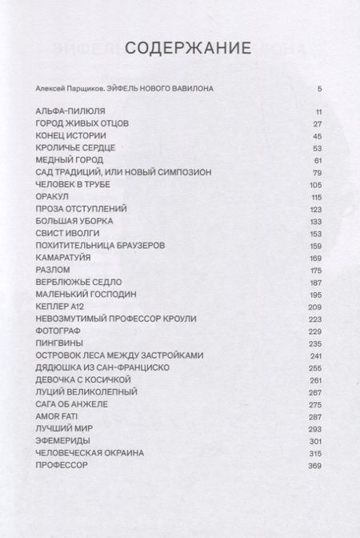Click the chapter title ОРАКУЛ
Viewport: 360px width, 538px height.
click(52, 197)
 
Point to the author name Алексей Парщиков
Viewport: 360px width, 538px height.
click(69, 87)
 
